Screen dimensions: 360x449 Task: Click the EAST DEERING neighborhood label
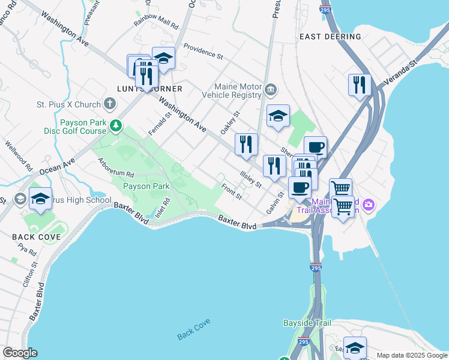[330, 37]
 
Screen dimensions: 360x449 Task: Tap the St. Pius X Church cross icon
[109, 104]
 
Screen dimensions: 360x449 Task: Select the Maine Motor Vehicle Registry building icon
[271, 90]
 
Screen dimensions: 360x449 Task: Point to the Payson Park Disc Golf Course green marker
[118, 126]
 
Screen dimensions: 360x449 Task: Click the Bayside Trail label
[307, 323]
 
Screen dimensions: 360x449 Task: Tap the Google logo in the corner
[20, 353]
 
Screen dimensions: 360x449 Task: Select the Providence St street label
[203, 52]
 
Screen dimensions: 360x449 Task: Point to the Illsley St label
[251, 179]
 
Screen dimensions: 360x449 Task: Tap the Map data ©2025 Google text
[412, 355]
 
